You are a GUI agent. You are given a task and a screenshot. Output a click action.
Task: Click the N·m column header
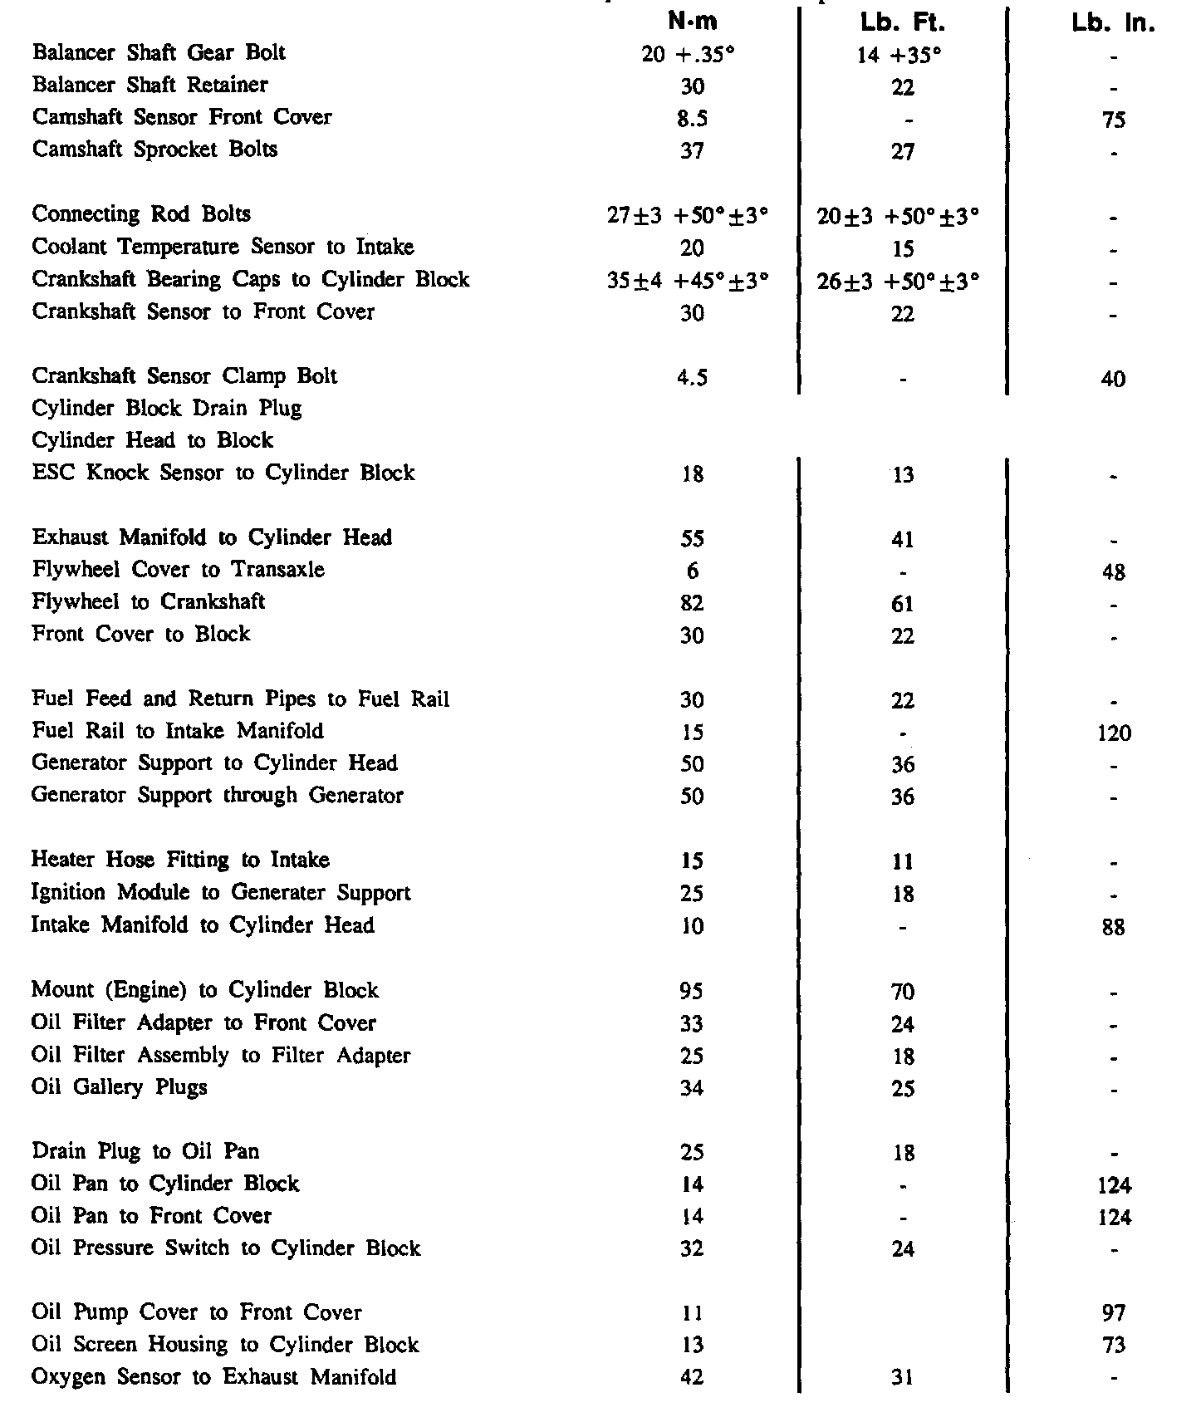693,22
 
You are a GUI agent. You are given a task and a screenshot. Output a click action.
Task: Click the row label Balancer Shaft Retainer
150,85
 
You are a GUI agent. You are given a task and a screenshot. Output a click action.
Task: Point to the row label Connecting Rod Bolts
141,214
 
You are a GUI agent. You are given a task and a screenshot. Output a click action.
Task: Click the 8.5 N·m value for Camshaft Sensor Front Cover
692,119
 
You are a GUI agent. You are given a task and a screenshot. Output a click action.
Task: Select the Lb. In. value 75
1113,120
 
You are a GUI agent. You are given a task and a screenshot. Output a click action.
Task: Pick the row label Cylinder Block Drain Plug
167,409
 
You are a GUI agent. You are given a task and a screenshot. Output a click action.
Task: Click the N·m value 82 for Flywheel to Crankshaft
692,603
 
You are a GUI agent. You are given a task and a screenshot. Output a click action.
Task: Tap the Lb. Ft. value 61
902,604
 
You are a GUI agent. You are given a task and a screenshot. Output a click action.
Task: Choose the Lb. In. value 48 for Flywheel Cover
1113,571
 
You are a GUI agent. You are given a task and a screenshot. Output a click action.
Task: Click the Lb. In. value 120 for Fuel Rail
1113,733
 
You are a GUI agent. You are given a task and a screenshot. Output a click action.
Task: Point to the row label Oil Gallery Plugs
120,1087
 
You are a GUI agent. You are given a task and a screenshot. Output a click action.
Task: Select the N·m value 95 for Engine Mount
692,991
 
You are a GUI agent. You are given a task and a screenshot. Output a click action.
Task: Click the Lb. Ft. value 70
902,992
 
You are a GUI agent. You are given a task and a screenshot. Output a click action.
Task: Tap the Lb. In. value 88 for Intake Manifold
1113,927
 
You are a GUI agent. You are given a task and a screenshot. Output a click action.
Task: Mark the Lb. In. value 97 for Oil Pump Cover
1113,1313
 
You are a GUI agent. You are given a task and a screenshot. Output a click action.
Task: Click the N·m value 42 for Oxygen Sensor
692,1377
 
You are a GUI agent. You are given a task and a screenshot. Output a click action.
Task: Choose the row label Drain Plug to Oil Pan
145,1152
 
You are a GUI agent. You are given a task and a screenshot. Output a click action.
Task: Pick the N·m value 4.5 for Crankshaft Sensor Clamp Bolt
692,378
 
